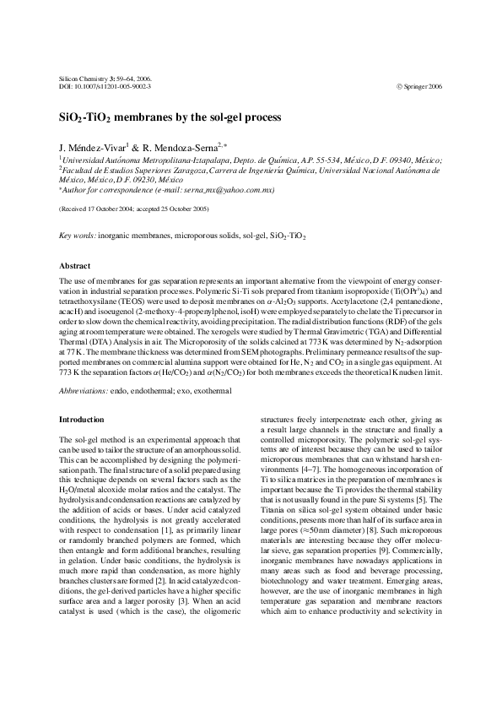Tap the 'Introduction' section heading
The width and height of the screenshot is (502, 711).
82,419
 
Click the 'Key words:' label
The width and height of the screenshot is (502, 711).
77,237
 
